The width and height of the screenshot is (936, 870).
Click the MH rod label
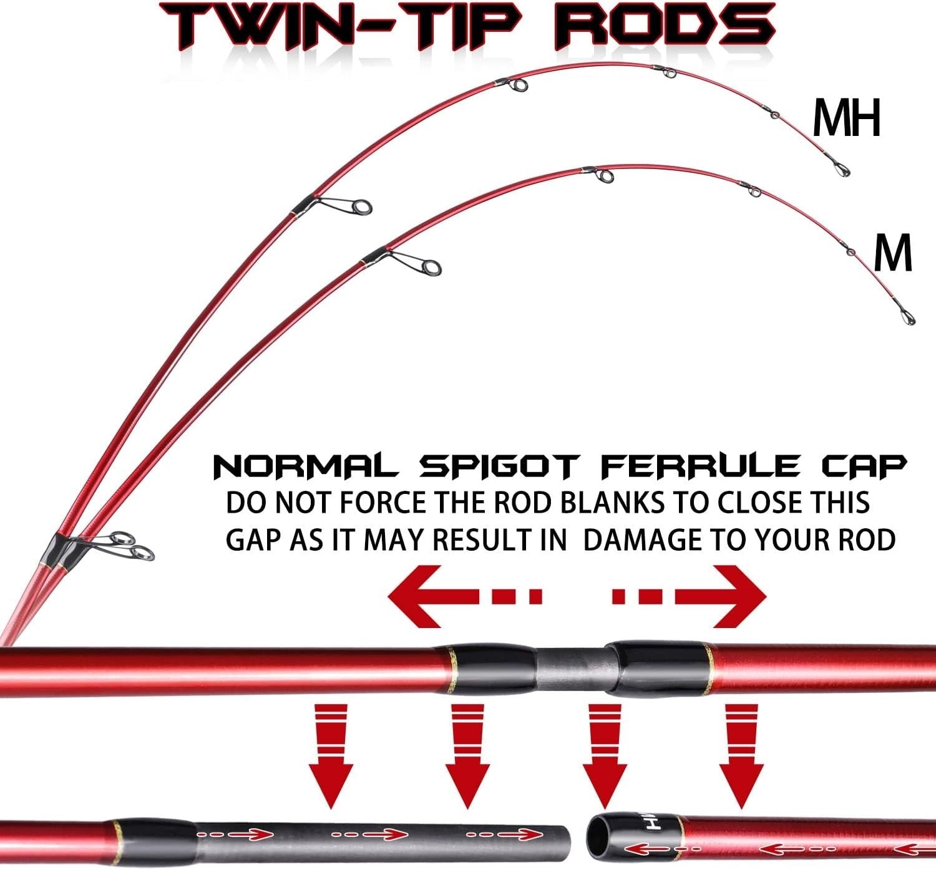click(847, 118)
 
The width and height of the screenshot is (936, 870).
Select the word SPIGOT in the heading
click(499, 466)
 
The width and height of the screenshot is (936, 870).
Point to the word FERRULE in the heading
click(700, 466)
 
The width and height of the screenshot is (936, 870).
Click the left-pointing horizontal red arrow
click(465, 596)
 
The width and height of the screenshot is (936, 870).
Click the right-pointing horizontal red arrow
click(689, 596)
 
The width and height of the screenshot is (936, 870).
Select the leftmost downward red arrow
click(331, 756)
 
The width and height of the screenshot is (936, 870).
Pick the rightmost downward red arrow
click(741, 756)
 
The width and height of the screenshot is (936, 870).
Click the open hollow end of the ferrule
click(595, 837)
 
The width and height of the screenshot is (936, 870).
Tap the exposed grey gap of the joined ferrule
click(571, 669)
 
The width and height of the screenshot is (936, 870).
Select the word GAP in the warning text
click(253, 540)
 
